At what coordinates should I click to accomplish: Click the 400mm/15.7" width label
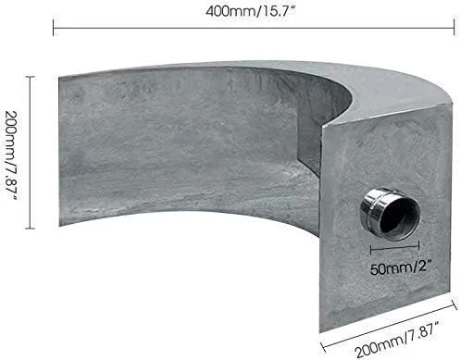(x=251, y=12)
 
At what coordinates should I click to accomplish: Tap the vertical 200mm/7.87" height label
(x=12, y=155)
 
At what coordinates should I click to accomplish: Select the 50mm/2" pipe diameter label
(x=401, y=267)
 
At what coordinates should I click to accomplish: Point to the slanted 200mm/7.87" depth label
(x=397, y=339)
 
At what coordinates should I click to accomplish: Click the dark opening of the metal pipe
(x=400, y=214)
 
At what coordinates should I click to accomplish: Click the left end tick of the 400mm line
(x=54, y=28)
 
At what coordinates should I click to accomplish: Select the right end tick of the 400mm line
(x=454, y=28)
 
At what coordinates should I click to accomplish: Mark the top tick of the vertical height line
(x=30, y=76)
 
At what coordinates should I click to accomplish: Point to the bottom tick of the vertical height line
(x=30, y=229)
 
